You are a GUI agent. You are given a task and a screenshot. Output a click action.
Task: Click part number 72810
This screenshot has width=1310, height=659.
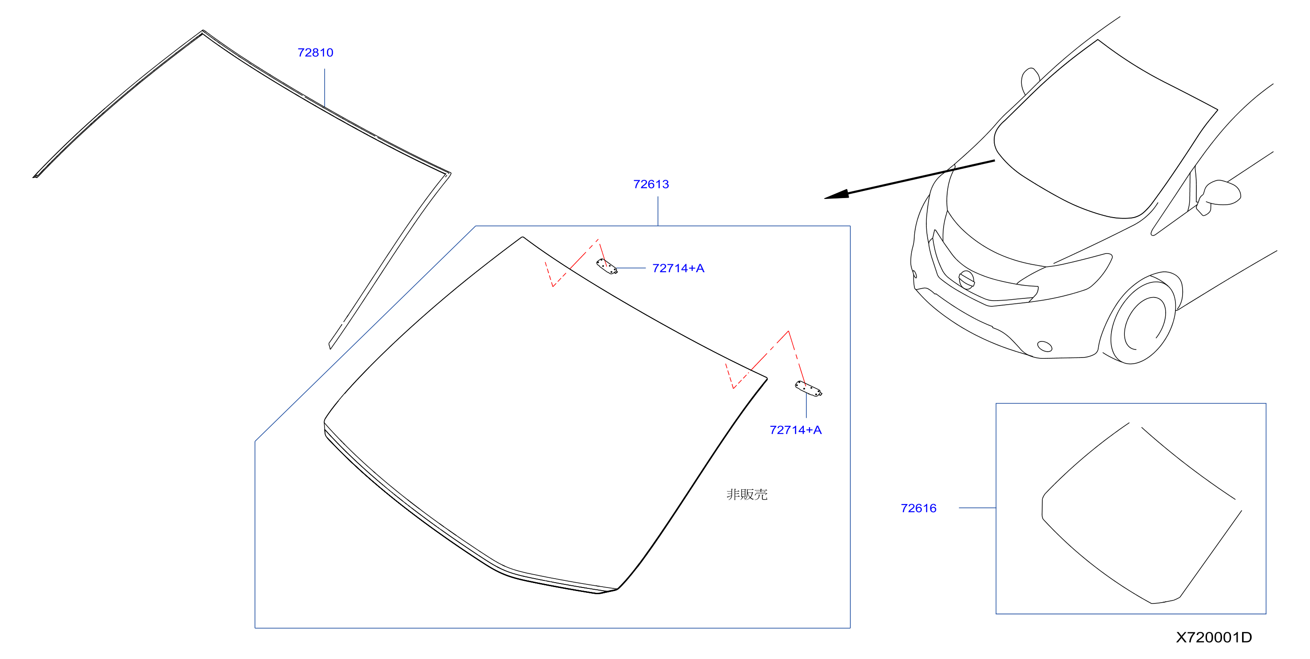pos(315,52)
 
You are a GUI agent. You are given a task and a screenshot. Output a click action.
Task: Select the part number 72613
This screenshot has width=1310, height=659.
pos(651,184)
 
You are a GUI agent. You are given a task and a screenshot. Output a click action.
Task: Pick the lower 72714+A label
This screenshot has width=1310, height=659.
pos(795,430)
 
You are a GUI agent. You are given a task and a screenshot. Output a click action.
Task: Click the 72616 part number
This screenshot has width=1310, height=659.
pos(918,508)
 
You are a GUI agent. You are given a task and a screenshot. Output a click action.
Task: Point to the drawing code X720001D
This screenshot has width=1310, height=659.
pos(1214,637)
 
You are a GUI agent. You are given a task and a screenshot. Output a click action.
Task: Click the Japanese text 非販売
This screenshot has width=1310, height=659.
pos(747,494)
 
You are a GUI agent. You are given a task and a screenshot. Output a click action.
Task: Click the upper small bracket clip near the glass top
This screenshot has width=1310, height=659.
pos(607,266)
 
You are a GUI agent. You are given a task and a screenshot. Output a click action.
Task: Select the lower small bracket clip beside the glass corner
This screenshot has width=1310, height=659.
pos(809,389)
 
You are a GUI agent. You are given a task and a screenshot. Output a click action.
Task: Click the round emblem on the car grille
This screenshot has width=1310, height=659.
pos(966,280)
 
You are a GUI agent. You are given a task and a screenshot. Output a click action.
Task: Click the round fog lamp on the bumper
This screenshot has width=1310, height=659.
pos(1044,346)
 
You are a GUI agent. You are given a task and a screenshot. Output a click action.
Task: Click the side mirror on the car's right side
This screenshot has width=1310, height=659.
pos(1219,196)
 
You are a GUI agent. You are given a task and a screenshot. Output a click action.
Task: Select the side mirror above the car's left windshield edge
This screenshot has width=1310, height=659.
pos(1029,80)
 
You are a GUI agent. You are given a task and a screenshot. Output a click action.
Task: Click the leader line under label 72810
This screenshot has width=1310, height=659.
pos(325,87)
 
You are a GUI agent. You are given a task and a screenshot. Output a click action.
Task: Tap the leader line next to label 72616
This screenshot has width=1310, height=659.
pos(977,508)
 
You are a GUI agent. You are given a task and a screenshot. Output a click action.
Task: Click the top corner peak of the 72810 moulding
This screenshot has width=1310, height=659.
pos(202,31)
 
